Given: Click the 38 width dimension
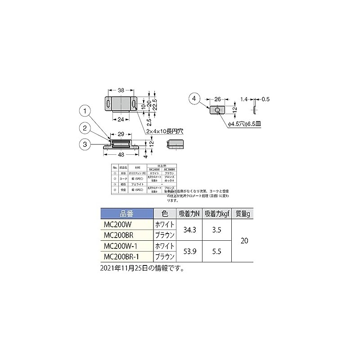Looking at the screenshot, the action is (121, 91).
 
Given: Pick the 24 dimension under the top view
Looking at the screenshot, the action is (121, 120).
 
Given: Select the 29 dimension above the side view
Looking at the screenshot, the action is (121, 134).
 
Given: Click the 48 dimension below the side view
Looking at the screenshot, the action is (121, 154).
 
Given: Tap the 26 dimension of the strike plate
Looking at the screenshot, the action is (217, 99).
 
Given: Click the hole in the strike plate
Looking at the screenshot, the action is (218, 110).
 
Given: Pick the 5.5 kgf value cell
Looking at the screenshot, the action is (216, 252).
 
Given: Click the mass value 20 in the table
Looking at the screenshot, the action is (244, 241).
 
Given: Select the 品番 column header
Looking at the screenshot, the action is (124, 214).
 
